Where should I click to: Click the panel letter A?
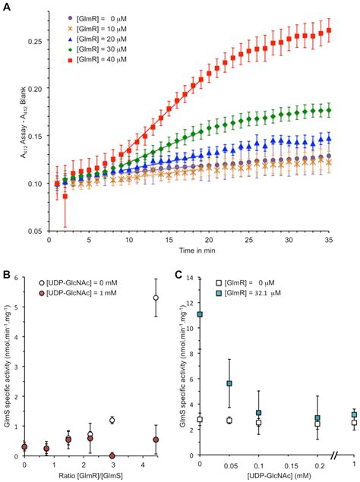tap(6, 6)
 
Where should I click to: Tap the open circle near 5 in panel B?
tap(156, 298)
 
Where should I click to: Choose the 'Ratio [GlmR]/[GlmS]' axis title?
tap(90, 475)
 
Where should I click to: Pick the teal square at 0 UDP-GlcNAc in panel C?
tap(201, 314)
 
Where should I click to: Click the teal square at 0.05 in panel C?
tap(230, 384)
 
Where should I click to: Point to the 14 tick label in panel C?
tap(192, 279)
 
